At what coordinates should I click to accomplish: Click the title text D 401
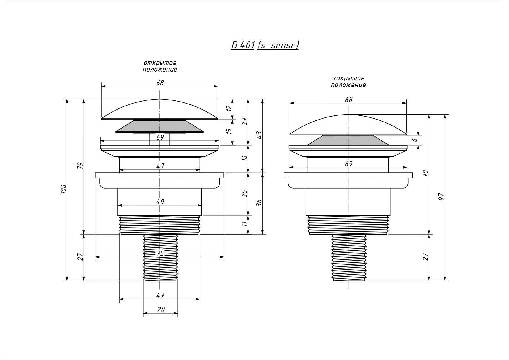(x=243, y=45)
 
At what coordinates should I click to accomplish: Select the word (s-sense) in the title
(x=278, y=45)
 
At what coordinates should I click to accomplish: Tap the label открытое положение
(x=160, y=66)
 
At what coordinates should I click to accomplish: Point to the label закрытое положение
(x=349, y=82)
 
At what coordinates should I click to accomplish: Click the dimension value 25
(x=245, y=193)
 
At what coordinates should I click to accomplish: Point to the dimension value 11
(x=245, y=224)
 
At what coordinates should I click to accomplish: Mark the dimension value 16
(x=245, y=158)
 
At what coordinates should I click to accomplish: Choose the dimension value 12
(x=229, y=108)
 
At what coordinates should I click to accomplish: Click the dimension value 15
(x=229, y=131)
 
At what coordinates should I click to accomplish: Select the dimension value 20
(x=161, y=310)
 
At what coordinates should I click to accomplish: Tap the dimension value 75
(x=160, y=253)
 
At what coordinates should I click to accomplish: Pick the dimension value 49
(x=160, y=202)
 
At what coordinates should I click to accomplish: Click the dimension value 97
(x=442, y=197)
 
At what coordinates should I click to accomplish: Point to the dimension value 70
(x=426, y=173)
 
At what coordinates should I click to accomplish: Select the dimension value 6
(x=415, y=140)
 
